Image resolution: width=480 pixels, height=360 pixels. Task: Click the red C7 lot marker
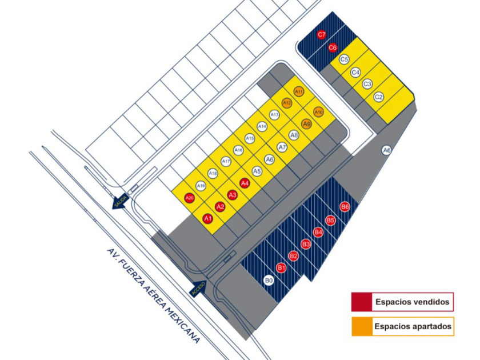pos(322,35)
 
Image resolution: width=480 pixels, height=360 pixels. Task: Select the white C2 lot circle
pos(378,97)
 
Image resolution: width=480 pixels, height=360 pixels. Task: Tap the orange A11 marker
pos(299,91)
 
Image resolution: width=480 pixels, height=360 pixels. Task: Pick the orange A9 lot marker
pos(307,123)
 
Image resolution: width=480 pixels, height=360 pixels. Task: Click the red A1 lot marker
pos(208,218)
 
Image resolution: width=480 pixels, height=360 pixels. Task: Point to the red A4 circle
pos(245,183)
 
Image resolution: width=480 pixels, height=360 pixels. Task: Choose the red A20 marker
pos(190,198)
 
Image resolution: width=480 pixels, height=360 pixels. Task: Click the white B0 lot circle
pos(269,281)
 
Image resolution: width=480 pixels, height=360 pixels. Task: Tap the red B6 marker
pos(345,207)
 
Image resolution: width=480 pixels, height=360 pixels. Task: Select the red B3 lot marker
pos(306,245)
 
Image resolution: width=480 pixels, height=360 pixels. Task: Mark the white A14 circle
pos(262,126)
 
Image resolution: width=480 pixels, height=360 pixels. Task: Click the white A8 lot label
pos(294,135)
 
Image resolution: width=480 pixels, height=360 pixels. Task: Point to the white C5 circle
pos(344,59)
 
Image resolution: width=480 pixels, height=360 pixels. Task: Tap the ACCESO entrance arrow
pos(198,289)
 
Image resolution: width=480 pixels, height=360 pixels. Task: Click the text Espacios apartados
pos(413,327)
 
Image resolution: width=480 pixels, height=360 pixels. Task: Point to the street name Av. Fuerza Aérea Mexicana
pos(154,295)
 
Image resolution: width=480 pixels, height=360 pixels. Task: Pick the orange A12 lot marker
pos(287,103)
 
